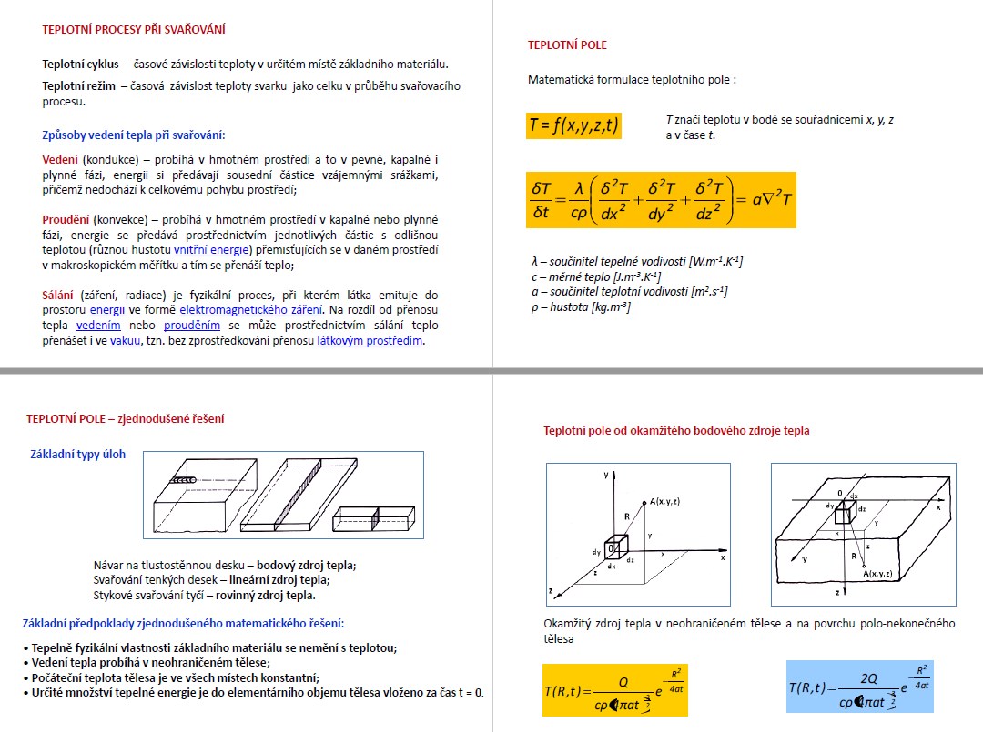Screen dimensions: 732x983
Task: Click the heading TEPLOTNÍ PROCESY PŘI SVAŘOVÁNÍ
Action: coord(134,29)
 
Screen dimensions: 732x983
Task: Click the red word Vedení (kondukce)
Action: coord(60,159)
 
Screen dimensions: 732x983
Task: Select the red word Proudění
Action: coord(66,220)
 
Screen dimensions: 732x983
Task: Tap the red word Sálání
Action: coord(59,296)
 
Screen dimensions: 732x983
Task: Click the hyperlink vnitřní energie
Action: coord(212,250)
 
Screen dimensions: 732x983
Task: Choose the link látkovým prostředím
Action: coord(370,342)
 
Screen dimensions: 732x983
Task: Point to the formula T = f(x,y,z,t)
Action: coord(573,125)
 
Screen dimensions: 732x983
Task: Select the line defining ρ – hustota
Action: coord(581,307)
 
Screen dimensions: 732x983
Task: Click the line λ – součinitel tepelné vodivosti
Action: coord(636,262)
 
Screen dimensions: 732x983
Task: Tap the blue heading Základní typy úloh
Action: coord(78,455)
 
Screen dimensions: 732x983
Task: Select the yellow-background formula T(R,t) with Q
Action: coord(614,690)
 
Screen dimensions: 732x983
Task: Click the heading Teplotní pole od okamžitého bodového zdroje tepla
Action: coord(676,431)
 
